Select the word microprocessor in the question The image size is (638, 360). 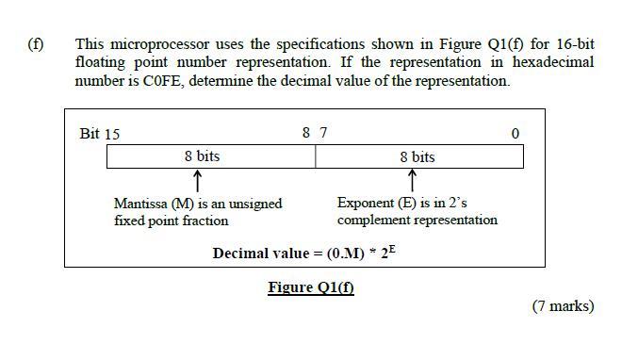160,43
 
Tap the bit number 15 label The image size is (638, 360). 112,134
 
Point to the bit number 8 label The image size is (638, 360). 306,133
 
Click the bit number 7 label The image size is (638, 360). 324,133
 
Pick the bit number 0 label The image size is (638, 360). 515,134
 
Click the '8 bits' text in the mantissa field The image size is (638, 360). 202,155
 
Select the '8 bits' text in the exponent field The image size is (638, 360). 417,156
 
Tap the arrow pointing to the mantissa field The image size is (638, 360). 197,179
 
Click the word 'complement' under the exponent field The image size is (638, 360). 371,220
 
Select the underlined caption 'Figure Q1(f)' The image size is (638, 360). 311,287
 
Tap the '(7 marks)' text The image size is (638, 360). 563,305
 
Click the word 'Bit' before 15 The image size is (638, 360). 90,133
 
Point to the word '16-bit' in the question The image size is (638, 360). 576,43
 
